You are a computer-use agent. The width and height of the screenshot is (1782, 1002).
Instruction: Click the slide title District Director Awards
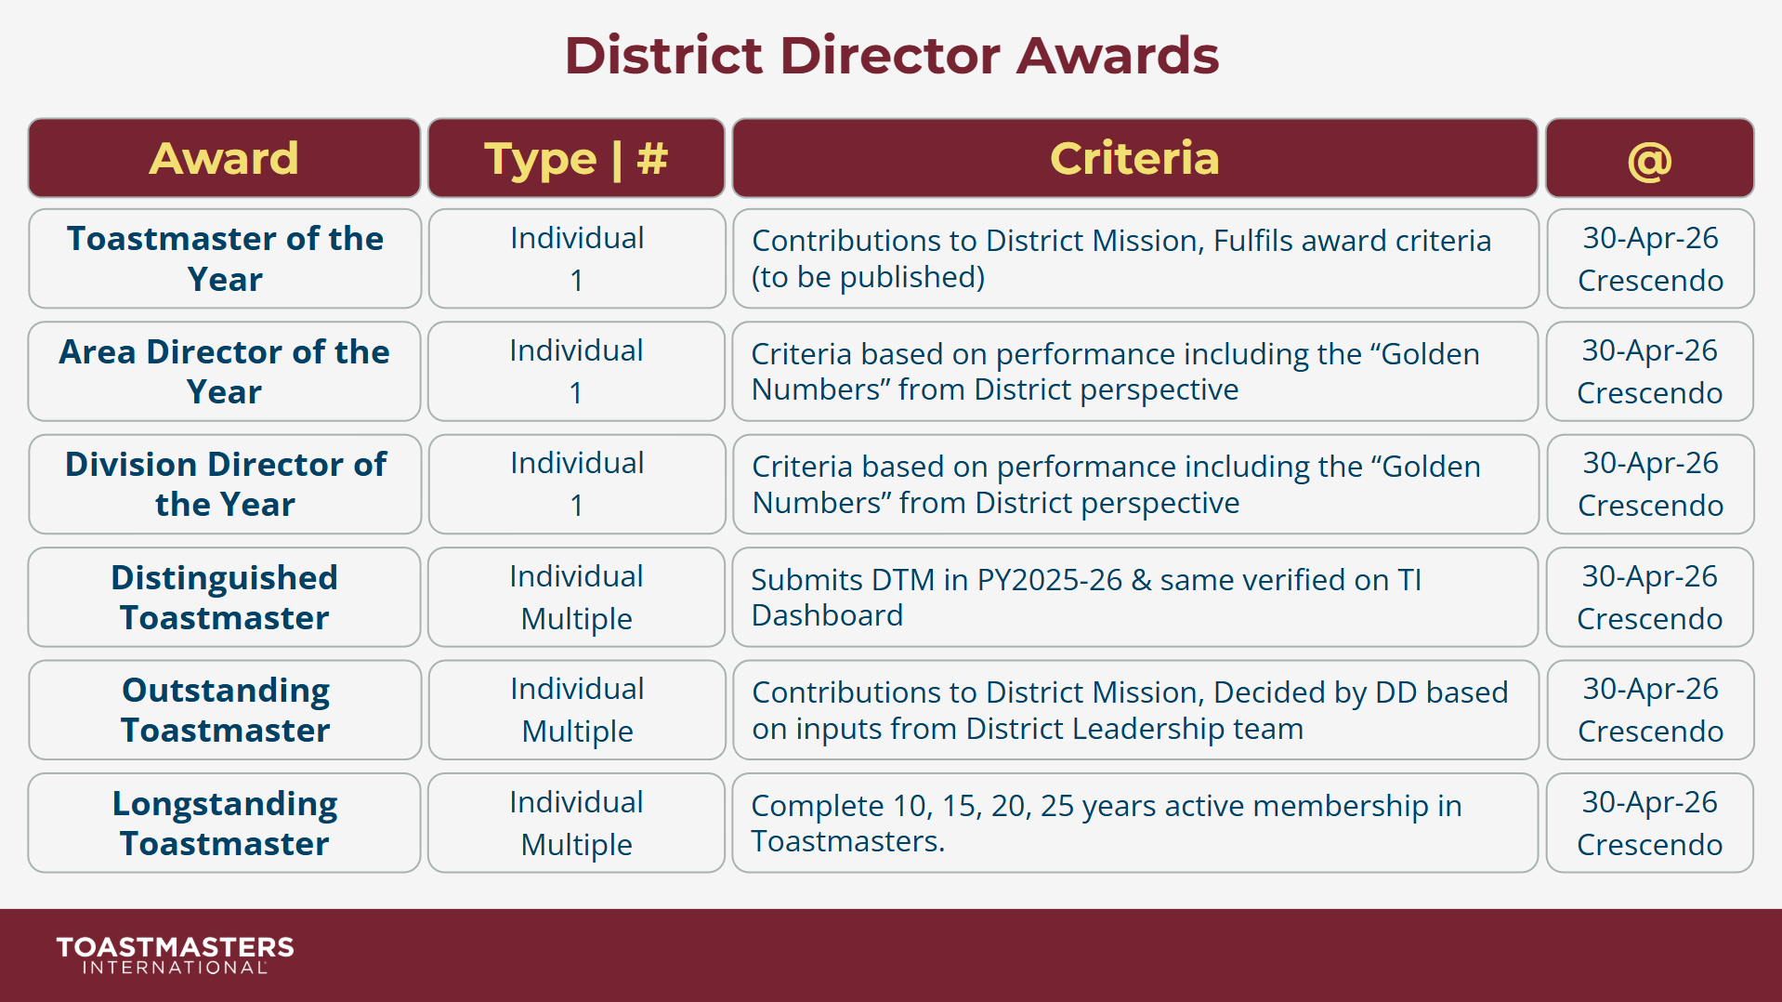(x=891, y=56)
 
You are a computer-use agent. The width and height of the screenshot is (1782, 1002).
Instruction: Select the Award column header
(x=224, y=158)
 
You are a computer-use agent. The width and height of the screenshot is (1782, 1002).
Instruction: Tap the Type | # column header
(x=576, y=158)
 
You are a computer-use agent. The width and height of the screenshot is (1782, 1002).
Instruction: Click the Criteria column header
(x=1134, y=158)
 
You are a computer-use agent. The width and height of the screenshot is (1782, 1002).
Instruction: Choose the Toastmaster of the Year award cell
(x=225, y=258)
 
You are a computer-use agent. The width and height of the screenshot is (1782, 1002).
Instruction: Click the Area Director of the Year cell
(x=224, y=372)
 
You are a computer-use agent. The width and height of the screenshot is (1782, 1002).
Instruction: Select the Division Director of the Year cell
(x=225, y=484)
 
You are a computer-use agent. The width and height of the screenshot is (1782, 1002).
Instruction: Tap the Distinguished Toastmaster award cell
(x=224, y=598)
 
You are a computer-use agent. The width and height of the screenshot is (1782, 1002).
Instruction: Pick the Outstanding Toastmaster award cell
(x=225, y=710)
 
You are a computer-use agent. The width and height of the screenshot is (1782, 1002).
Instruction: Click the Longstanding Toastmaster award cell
(x=224, y=824)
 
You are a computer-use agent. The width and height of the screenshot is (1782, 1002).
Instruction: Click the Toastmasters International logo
(x=175, y=955)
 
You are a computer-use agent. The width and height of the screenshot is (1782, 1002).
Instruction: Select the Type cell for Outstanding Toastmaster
(x=577, y=710)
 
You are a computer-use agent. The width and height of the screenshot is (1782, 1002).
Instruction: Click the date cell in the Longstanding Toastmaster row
(x=1649, y=824)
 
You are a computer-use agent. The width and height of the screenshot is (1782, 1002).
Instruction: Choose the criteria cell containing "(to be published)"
(x=1134, y=258)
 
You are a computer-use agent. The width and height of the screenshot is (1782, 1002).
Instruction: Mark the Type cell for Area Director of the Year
(x=576, y=372)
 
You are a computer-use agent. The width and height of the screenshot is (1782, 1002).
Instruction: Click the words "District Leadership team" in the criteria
(x=1134, y=729)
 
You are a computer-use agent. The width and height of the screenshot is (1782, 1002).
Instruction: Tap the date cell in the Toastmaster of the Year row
(x=1650, y=258)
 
